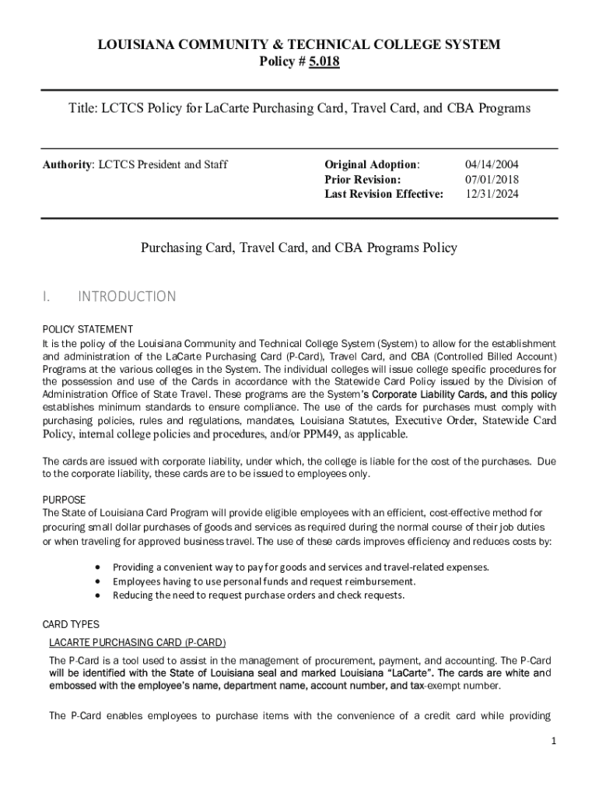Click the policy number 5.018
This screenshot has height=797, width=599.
click(x=324, y=61)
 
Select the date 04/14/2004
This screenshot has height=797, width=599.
click(x=492, y=165)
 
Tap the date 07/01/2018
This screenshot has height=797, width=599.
click(x=492, y=180)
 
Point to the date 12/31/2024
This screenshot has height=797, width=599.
click(x=492, y=195)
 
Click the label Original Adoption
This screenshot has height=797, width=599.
click(x=372, y=165)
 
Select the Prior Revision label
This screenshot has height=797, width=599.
click(x=363, y=180)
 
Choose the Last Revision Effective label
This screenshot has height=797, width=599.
click(x=384, y=195)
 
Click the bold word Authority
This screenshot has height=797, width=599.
click(x=67, y=165)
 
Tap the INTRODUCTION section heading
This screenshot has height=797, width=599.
click(x=127, y=297)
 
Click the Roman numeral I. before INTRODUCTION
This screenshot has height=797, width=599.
click(x=46, y=297)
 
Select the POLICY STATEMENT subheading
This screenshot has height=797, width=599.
click(x=87, y=329)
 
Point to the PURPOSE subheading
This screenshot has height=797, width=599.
click(x=64, y=500)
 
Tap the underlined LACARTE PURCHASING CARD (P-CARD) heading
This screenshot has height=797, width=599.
click(x=137, y=643)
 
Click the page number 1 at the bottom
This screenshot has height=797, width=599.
click(x=553, y=742)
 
